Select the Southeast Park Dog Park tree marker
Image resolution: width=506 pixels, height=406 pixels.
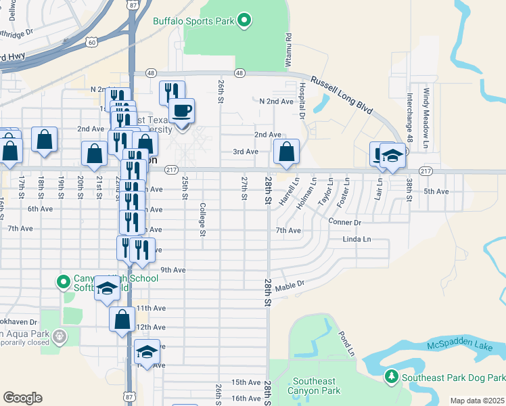(391, 376)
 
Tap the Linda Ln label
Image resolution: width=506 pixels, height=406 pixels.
(356, 240)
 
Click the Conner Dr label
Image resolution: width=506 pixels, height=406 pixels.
(345, 222)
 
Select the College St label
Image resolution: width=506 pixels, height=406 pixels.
(202, 220)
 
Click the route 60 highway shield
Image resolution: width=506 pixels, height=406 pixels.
(91, 42)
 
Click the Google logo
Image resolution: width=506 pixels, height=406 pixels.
(22, 397)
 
